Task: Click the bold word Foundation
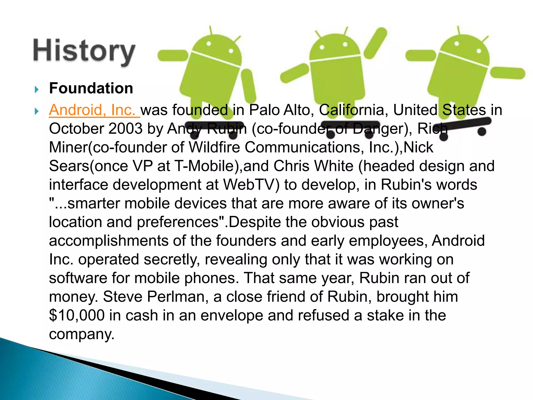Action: pos(91,88)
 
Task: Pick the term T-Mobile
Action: pos(204,166)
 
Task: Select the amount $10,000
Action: pos(77,315)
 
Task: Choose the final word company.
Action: pos(82,334)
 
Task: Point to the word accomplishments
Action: pos(109,241)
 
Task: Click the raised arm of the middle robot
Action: pos(375,43)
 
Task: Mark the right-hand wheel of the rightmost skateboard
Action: pos(482,132)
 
